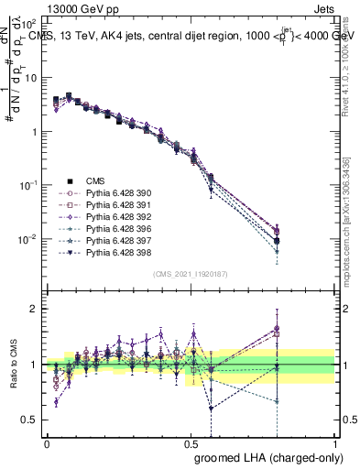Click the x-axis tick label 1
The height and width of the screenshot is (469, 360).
pyautogui.click(x=334, y=442)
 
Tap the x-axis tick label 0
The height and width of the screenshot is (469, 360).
pyautogui.click(x=46, y=442)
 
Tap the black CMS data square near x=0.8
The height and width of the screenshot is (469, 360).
pyautogui.click(x=277, y=241)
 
